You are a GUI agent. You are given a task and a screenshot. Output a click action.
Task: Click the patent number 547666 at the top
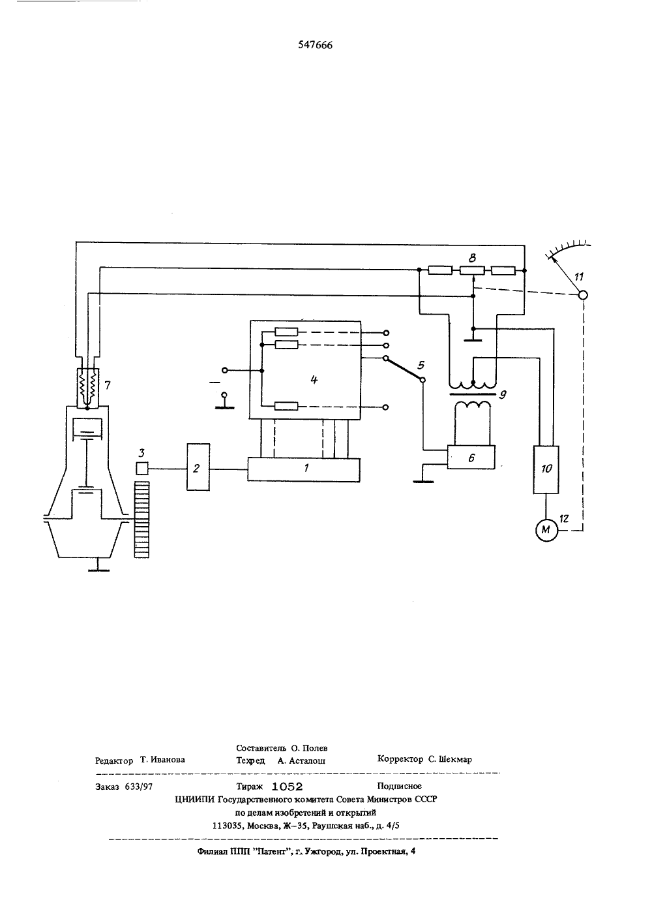point(315,45)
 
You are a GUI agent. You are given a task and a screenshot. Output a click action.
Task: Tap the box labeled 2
point(198,467)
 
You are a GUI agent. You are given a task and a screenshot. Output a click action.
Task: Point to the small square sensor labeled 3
point(142,469)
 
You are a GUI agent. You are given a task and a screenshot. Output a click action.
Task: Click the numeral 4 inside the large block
point(314,379)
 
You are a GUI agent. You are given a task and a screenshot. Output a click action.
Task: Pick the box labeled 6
point(471,457)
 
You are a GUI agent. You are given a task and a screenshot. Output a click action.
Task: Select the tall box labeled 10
point(546,469)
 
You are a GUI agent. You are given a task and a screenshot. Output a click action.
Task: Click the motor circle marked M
point(546,530)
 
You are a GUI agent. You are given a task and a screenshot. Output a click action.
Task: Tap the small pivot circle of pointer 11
point(583,295)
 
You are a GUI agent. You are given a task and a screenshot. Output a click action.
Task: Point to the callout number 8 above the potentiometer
point(473,258)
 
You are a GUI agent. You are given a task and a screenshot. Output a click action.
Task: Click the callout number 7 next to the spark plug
point(107,385)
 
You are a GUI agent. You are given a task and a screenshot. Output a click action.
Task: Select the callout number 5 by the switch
point(421,365)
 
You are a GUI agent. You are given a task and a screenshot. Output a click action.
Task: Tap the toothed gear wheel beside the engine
point(142,519)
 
